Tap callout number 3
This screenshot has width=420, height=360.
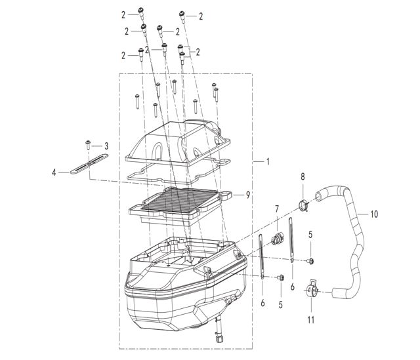click(x=106, y=145)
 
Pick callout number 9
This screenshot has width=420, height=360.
click(x=248, y=194)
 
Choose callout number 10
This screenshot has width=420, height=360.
click(x=375, y=214)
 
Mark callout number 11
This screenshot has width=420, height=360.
click(x=312, y=321)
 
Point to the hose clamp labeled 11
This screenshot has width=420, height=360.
click(x=312, y=289)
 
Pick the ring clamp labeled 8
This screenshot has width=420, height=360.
click(x=303, y=205)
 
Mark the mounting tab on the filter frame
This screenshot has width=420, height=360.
click(x=229, y=193)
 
